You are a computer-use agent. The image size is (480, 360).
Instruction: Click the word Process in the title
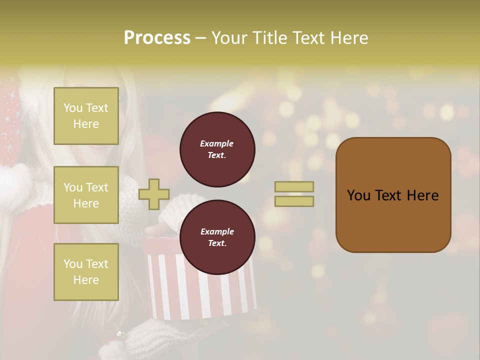tap(157, 38)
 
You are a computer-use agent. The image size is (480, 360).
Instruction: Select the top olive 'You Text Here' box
tap(86, 116)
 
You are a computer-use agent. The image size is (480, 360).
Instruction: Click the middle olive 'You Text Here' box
tap(86, 195)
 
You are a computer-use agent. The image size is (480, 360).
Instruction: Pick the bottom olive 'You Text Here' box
tap(86, 271)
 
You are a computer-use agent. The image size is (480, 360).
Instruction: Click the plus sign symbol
tap(153, 194)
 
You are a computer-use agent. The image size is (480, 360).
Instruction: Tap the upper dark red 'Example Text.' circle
tap(217, 149)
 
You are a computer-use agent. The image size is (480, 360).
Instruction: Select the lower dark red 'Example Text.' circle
tap(217, 237)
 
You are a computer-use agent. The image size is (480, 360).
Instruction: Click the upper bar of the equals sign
tap(294, 186)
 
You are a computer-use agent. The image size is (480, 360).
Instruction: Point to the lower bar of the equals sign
tap(294, 201)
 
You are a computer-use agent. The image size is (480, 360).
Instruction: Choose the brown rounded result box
tap(393, 220)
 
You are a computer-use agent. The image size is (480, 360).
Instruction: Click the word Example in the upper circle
tap(217, 143)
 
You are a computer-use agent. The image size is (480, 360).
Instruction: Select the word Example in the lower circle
tap(217, 231)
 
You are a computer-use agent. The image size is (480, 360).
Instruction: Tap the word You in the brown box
tap(358, 195)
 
